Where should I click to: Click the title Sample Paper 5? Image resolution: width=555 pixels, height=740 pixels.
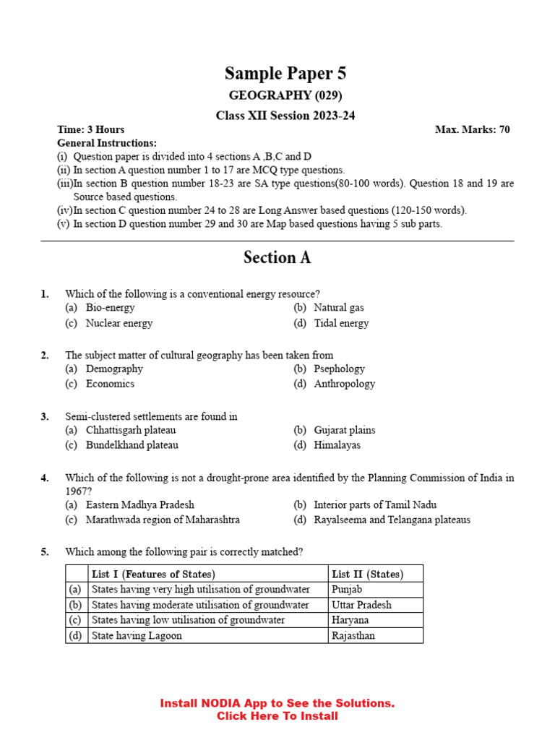(285, 73)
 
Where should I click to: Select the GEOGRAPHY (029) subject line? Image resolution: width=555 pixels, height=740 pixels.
(285, 95)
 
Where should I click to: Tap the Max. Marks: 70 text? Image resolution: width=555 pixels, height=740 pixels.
(472, 129)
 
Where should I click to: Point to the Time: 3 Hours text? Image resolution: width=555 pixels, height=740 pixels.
(90, 129)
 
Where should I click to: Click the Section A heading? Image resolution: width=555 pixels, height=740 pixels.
(277, 258)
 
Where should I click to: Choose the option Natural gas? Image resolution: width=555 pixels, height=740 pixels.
(338, 308)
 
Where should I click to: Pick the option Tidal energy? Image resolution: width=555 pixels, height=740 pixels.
(341, 323)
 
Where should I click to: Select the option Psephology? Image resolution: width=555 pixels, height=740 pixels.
(339, 369)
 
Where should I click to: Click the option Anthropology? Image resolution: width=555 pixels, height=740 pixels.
(344, 384)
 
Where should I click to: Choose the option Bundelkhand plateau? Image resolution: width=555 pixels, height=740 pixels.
(132, 445)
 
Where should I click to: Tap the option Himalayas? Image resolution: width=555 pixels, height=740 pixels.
(337, 445)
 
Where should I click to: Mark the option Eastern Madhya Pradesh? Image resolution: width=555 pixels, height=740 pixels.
(139, 504)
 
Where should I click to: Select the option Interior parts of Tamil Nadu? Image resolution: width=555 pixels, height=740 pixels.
(374, 504)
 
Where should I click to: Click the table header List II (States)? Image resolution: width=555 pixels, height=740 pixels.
(367, 575)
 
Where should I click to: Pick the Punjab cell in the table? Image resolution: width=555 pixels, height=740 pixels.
(347, 590)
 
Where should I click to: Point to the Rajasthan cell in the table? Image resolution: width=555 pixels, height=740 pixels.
(353, 636)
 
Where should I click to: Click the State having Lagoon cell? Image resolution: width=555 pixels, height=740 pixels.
(137, 636)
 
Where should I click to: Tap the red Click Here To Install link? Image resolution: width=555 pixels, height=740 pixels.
(277, 716)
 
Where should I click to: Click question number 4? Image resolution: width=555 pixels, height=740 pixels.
(45, 478)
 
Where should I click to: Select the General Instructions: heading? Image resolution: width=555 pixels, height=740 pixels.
(106, 143)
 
